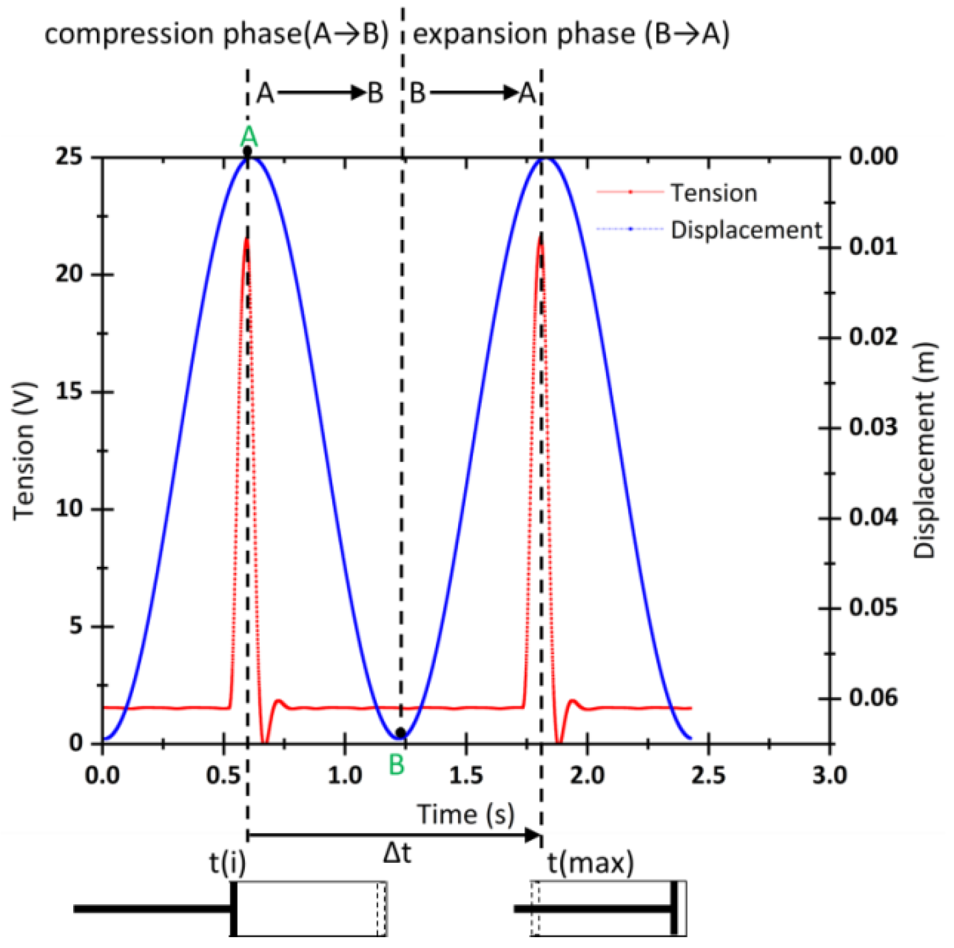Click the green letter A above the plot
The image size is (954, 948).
point(249,137)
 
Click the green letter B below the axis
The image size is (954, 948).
point(397,765)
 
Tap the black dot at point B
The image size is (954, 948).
point(401,733)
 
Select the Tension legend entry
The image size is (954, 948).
point(713,193)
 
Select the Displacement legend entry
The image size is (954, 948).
point(746,230)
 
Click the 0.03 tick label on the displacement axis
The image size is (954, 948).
point(873,428)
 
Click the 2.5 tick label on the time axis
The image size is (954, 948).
point(708,776)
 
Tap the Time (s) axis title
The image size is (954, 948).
point(465,815)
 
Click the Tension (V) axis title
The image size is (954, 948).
point(25,451)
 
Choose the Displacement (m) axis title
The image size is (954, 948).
point(925,451)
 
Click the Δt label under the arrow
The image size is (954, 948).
point(397,854)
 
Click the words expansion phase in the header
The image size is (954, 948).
point(524,34)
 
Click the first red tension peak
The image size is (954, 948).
point(247,240)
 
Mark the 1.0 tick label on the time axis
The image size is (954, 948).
point(345,776)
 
